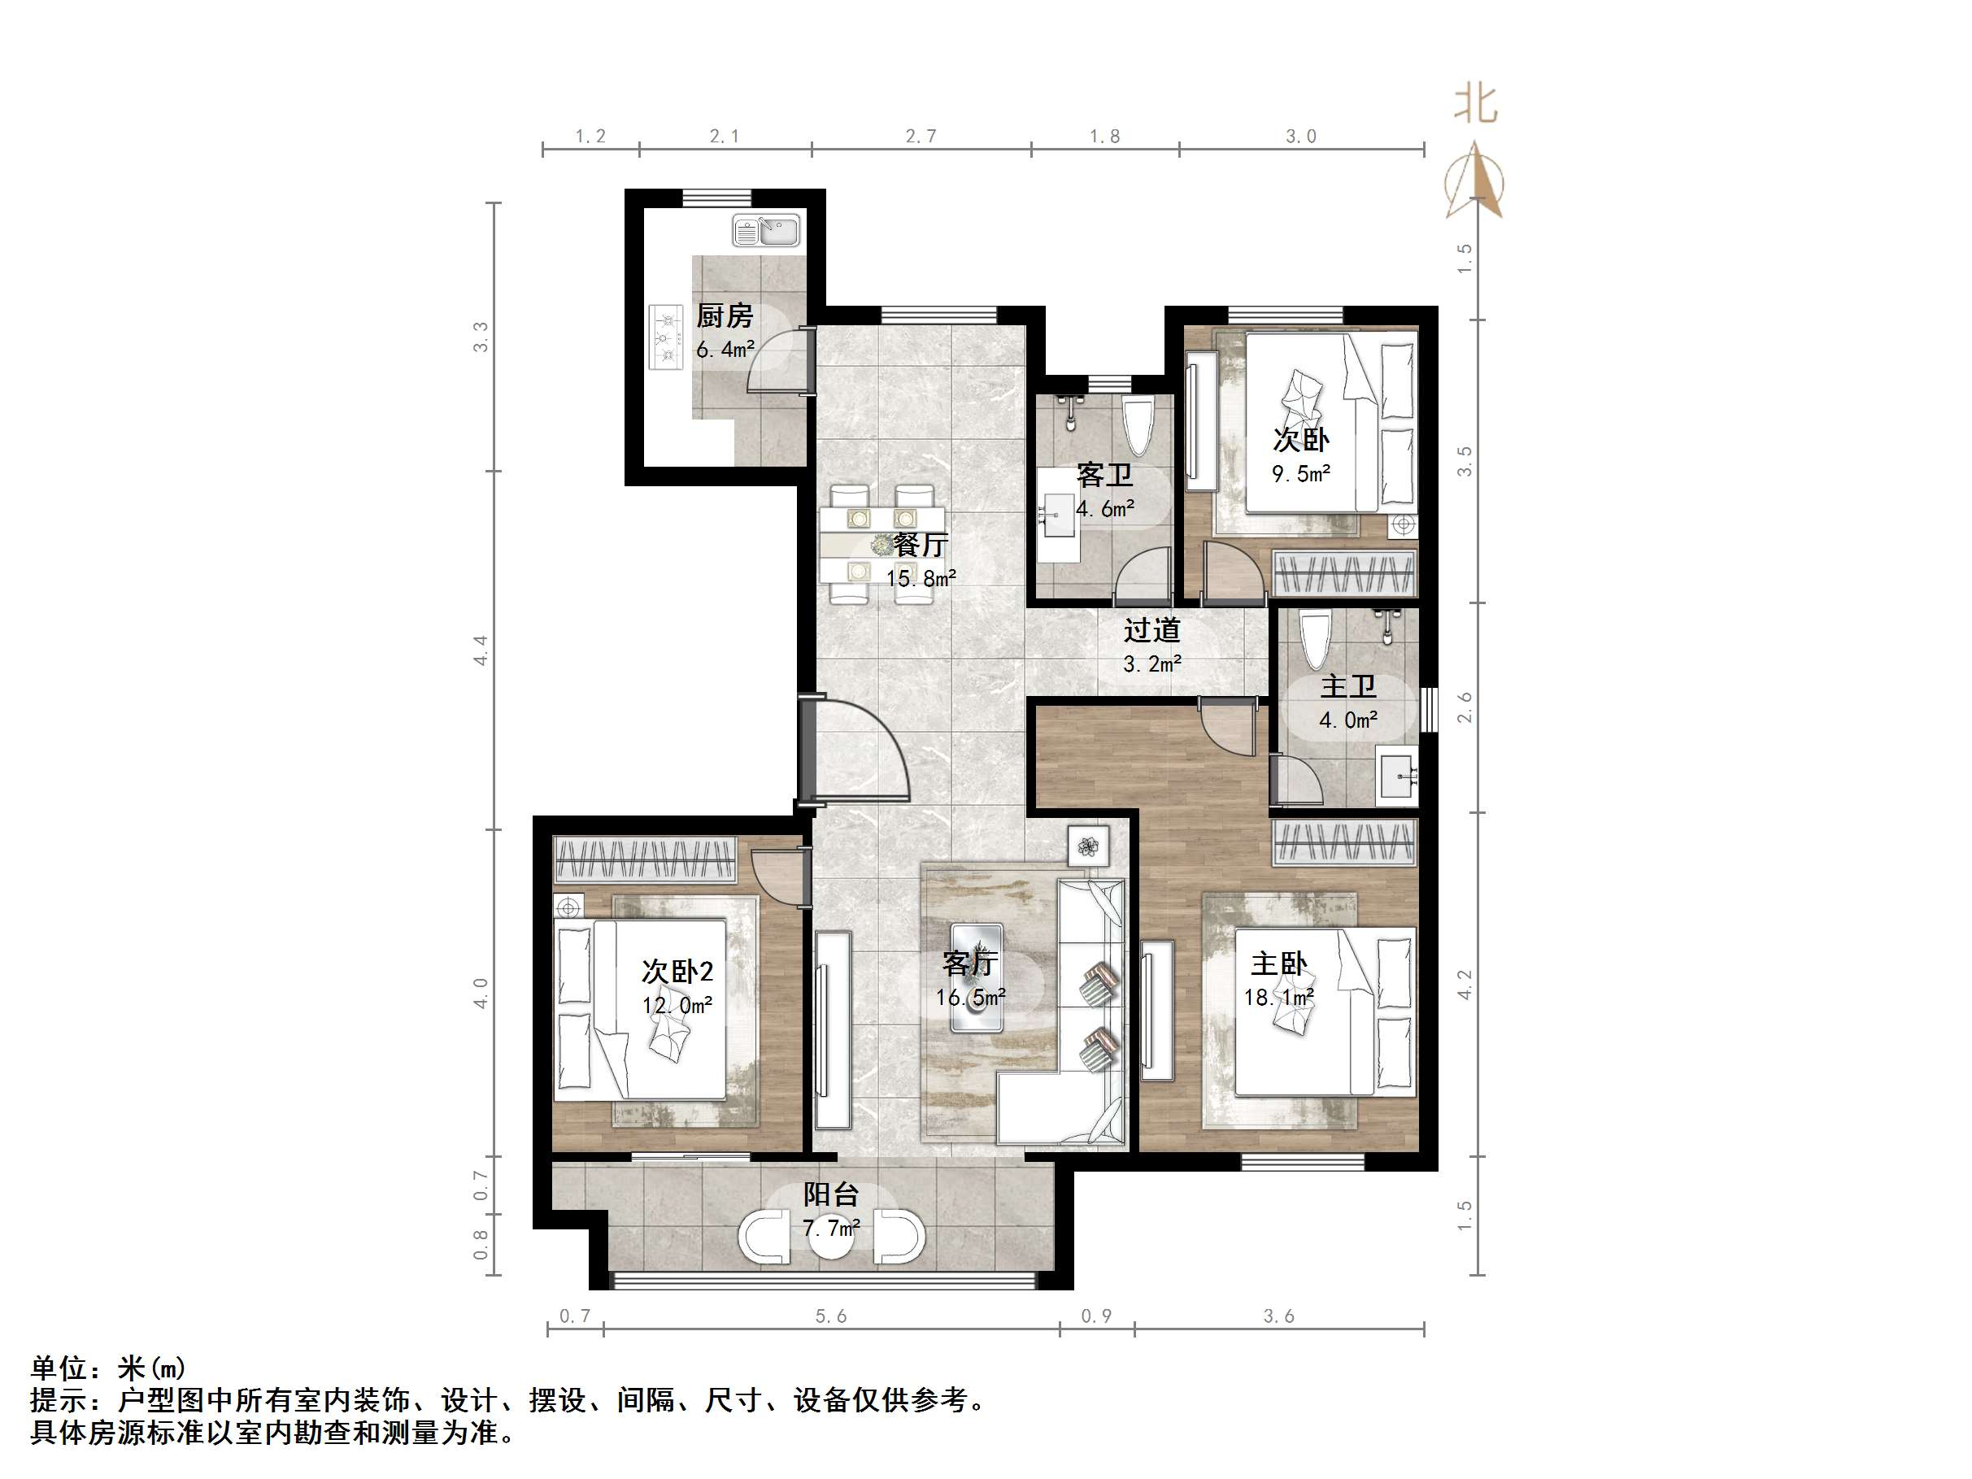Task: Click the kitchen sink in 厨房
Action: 766,231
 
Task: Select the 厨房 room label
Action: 724,315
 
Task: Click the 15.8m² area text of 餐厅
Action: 920,579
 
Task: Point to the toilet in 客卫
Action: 1138,428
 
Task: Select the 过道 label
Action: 1151,630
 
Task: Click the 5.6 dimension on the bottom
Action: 831,1316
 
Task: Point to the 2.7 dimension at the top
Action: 921,137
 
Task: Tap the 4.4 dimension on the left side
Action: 481,650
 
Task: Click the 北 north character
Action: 1475,105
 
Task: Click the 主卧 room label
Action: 1278,964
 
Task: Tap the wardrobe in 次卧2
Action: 645,859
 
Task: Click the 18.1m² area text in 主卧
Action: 1278,998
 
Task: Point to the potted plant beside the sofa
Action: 1087,845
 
